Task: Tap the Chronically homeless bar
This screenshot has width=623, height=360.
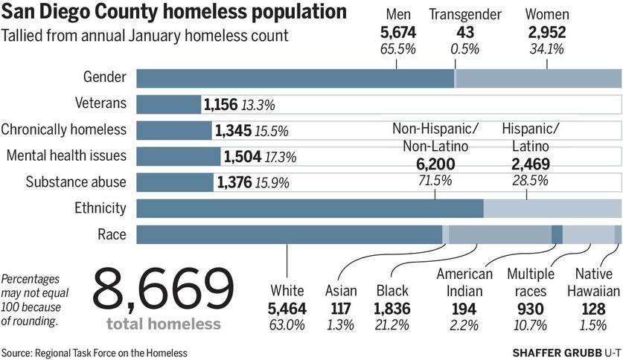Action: click(x=174, y=130)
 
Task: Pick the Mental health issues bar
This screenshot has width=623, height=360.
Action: click(x=179, y=156)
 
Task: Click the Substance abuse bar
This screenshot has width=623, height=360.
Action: click(x=175, y=182)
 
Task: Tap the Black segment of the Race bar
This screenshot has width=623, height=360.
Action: click(x=499, y=235)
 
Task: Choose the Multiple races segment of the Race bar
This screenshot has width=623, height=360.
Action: click(x=588, y=235)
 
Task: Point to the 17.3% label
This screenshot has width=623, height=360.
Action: click(x=281, y=157)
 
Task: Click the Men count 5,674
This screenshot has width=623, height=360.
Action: click(x=398, y=32)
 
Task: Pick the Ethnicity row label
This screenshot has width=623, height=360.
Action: click(x=100, y=208)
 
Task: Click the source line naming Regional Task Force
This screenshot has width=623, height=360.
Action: click(x=94, y=352)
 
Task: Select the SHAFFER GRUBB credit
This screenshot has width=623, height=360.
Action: click(x=551, y=352)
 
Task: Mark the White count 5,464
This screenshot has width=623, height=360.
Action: click(x=287, y=308)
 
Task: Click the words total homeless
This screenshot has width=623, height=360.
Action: click(x=164, y=324)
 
